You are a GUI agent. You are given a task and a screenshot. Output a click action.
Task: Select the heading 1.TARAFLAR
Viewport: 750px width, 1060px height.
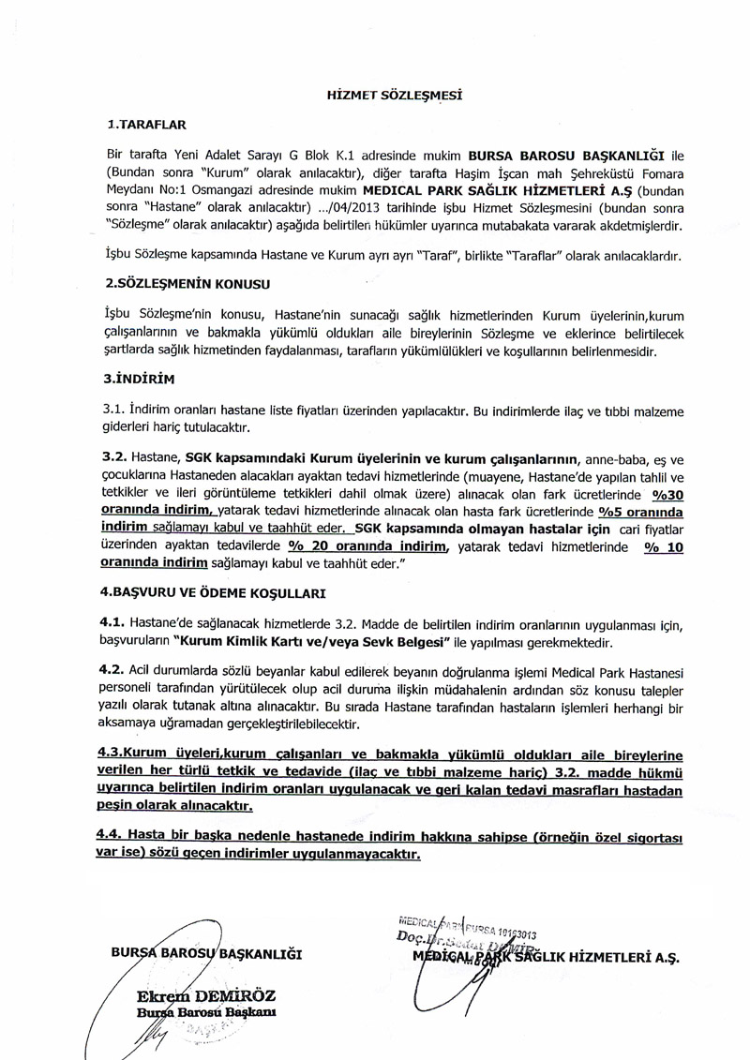(x=147, y=123)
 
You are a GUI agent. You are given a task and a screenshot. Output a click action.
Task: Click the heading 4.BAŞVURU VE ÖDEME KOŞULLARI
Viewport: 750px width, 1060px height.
(x=213, y=592)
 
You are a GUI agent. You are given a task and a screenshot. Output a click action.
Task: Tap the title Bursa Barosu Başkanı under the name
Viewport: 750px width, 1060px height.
(x=195, y=1014)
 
